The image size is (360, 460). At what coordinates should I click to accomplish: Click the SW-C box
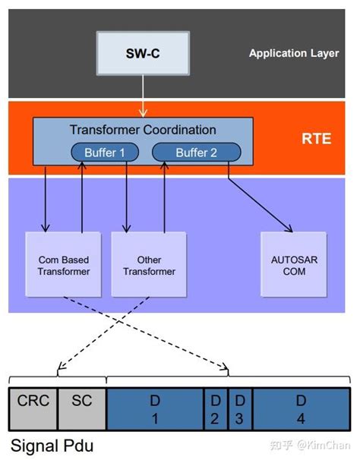pos(143,53)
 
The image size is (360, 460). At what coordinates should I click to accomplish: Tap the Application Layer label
pos(294,53)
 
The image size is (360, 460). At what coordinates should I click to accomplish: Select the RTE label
pos(317,138)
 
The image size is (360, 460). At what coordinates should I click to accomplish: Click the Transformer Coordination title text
pos(143,130)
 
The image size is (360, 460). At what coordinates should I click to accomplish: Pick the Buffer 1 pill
pos(105,153)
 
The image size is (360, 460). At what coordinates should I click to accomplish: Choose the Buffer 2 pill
pos(197,153)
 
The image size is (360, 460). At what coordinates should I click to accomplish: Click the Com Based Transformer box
pos(64,265)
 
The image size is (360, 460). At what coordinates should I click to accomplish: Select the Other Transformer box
pos(149,265)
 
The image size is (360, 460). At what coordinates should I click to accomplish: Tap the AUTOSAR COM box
pos(294,265)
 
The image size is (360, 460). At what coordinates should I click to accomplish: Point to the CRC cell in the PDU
pos(33,409)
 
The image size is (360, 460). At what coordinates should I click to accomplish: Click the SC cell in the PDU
pos(82,409)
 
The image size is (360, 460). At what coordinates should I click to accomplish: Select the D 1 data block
pos(155,409)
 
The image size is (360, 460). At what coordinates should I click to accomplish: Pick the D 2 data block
pos(216,409)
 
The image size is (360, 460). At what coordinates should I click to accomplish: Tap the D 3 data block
pos(240,409)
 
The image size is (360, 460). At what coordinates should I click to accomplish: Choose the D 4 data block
pos(302,409)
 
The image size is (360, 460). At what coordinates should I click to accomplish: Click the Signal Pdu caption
pos(52,446)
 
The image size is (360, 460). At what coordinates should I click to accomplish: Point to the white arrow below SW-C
pos(143,96)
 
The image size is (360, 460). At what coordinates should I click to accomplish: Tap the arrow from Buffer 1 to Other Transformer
pos(127,197)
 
